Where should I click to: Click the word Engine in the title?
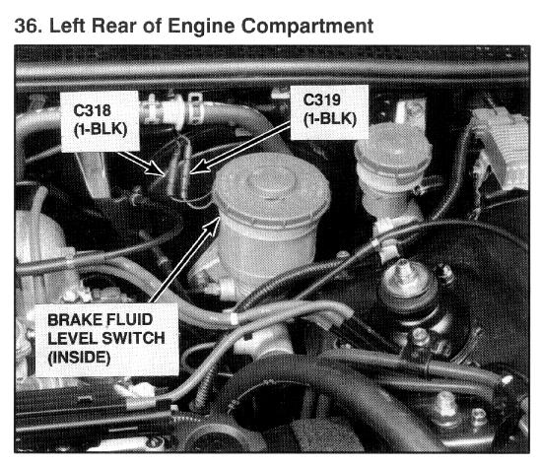click(201, 27)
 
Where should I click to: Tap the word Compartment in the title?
click(307, 27)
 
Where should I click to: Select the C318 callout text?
click(92, 110)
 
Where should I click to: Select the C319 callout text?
click(321, 100)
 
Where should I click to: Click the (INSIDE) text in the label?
click(79, 357)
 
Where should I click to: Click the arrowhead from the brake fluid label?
click(213, 225)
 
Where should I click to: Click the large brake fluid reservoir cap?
click(271, 188)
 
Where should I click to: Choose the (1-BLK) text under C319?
click(329, 119)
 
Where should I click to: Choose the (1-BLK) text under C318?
click(101, 129)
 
